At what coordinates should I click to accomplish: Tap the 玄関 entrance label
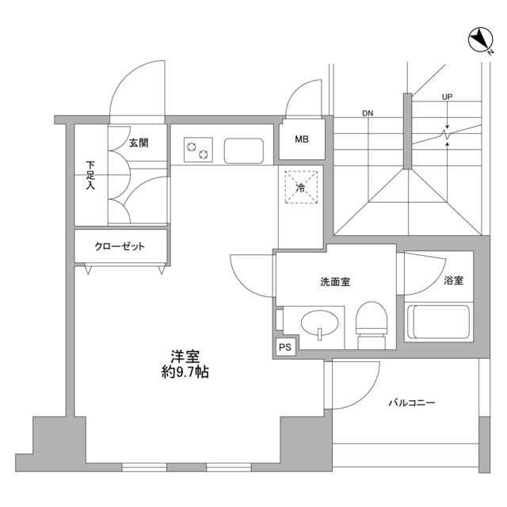coord(139,143)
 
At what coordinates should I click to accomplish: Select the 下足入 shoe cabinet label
coord(91,176)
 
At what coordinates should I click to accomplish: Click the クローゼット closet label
coord(120,246)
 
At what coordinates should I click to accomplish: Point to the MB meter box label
coord(302,141)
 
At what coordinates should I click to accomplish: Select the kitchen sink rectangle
coord(244,149)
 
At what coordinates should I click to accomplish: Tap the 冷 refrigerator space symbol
coord(302,188)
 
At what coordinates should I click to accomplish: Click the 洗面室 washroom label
coord(335,282)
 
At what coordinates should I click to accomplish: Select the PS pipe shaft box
coord(284,346)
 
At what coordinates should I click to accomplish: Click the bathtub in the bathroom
coord(438,322)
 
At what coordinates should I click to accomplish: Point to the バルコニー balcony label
coord(411,402)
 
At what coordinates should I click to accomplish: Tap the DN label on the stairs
coord(368,113)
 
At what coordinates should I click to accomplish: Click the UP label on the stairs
coord(448,97)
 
